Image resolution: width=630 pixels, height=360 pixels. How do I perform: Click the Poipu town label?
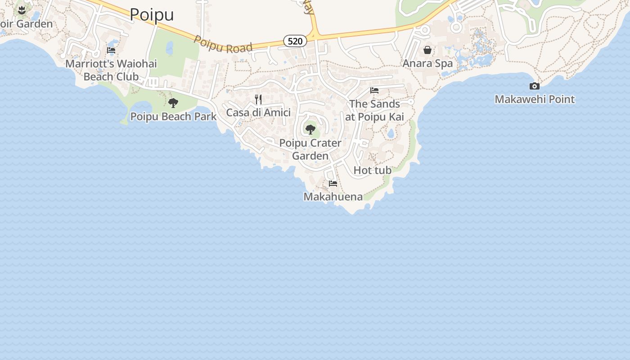[x=152, y=14]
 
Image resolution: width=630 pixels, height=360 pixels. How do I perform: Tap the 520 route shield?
[x=295, y=41]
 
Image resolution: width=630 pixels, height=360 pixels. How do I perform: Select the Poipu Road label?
[x=223, y=45]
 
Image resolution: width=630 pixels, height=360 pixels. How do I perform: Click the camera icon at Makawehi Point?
[x=535, y=86]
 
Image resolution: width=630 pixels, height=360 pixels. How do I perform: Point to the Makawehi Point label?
[x=535, y=99]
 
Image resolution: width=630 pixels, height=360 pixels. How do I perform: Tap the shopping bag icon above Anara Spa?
[x=427, y=50]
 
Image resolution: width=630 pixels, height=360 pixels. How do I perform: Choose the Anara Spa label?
[x=427, y=63]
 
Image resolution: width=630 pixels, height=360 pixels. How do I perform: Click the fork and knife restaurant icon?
[x=258, y=99]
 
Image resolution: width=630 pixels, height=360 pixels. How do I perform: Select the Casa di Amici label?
[x=258, y=112]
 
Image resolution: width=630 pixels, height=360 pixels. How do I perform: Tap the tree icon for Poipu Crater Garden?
[x=310, y=130]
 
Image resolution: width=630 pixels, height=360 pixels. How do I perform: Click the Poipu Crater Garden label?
[x=310, y=149]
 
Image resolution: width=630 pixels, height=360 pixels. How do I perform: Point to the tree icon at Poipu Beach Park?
[x=173, y=103]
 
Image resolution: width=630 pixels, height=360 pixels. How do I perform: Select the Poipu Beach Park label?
[x=173, y=117]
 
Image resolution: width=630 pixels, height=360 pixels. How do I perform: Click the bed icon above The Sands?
[x=374, y=90]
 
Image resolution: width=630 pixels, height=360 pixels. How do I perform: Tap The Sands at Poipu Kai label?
[x=374, y=110]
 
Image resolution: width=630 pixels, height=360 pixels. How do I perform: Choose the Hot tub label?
[x=373, y=170]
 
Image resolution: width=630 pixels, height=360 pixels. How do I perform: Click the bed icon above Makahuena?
[x=333, y=184]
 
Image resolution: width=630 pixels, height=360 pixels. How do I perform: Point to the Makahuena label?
[x=333, y=197]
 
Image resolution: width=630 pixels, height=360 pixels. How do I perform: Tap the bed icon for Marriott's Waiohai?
[x=111, y=50]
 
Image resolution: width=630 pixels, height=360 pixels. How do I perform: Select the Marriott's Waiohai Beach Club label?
[x=111, y=70]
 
